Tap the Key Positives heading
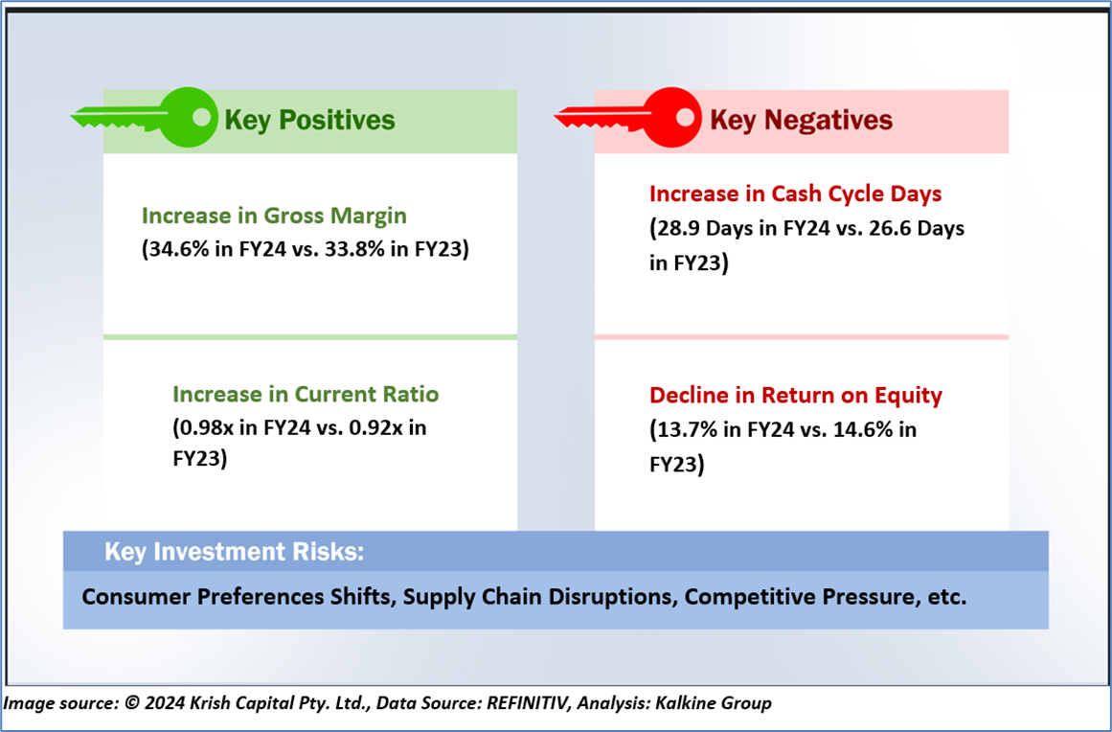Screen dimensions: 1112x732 pyautogui.click(x=310, y=120)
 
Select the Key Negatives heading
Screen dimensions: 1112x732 pyautogui.click(x=802, y=120)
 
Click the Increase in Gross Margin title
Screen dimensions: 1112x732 pyautogui.click(x=275, y=216)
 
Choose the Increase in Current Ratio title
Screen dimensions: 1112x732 pyautogui.click(x=306, y=394)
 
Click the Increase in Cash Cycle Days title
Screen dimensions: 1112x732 pyautogui.click(x=796, y=194)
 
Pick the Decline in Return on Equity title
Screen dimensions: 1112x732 pyautogui.click(x=796, y=395)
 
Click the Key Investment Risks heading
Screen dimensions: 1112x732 pyautogui.click(x=234, y=552)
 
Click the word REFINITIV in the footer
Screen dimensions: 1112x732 pyautogui.click(x=528, y=703)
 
